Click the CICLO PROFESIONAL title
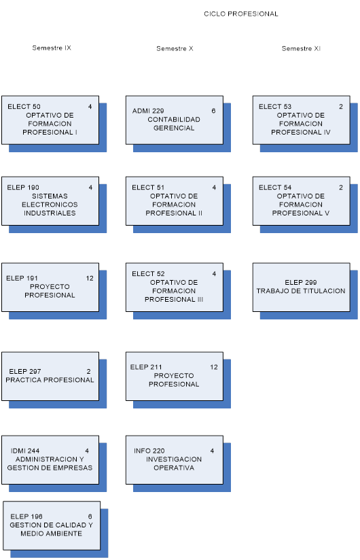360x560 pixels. coord(241,14)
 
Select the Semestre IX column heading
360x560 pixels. coord(52,48)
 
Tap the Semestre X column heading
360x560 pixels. coord(175,48)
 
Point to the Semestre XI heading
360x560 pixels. coord(301,48)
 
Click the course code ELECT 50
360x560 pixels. coord(24,107)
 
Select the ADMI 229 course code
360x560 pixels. coord(148,111)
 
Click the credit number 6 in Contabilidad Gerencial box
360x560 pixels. coord(213,111)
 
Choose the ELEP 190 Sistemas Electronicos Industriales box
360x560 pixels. coord(50,200)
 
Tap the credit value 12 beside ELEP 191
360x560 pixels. coord(90,278)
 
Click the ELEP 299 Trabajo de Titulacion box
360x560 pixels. coord(301,287)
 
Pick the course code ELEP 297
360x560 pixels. coord(25,372)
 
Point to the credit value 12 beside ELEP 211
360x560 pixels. coord(214,367)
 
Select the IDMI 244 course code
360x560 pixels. coord(25,451)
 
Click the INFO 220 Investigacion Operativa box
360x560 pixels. coord(175,459)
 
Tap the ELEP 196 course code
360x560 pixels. coord(26,517)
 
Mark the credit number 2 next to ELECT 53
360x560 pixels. coord(341,107)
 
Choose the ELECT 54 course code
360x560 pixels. coord(275,187)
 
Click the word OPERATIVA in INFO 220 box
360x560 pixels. coord(174,468)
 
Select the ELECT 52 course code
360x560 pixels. coord(148,274)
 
